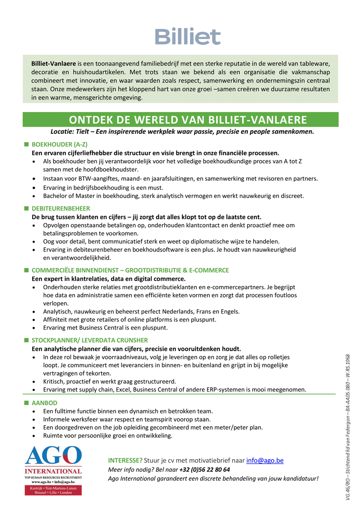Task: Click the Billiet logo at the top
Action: [x=187, y=36]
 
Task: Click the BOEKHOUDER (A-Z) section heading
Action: [x=60, y=144]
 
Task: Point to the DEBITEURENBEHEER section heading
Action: [x=61, y=208]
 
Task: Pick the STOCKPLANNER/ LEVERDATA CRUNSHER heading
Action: [x=90, y=340]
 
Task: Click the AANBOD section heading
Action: [x=45, y=403]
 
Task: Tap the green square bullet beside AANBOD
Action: [x=26, y=402]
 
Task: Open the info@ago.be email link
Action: [x=265, y=460]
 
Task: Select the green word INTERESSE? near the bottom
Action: [x=126, y=460]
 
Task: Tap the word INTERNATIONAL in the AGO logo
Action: [x=53, y=471]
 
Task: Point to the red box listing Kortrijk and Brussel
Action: [x=53, y=490]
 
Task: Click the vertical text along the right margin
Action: [x=348, y=424]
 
